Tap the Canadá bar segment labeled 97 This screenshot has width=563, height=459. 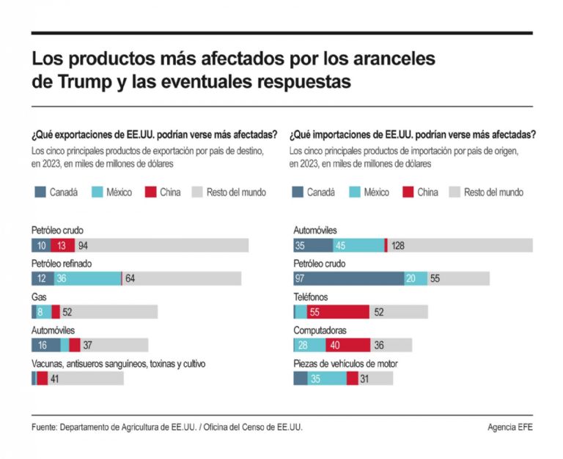click(348, 278)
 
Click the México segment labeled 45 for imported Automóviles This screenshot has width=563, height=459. click(358, 245)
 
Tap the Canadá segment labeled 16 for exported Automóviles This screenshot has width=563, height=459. click(45, 345)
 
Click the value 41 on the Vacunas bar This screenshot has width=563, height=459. click(55, 378)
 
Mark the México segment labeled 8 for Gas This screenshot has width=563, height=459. click(40, 312)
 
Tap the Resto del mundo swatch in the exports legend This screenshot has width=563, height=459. click(196, 193)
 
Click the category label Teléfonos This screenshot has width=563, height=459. click(310, 297)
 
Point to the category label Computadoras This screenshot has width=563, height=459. click(320, 330)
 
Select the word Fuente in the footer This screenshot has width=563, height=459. click(45, 427)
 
